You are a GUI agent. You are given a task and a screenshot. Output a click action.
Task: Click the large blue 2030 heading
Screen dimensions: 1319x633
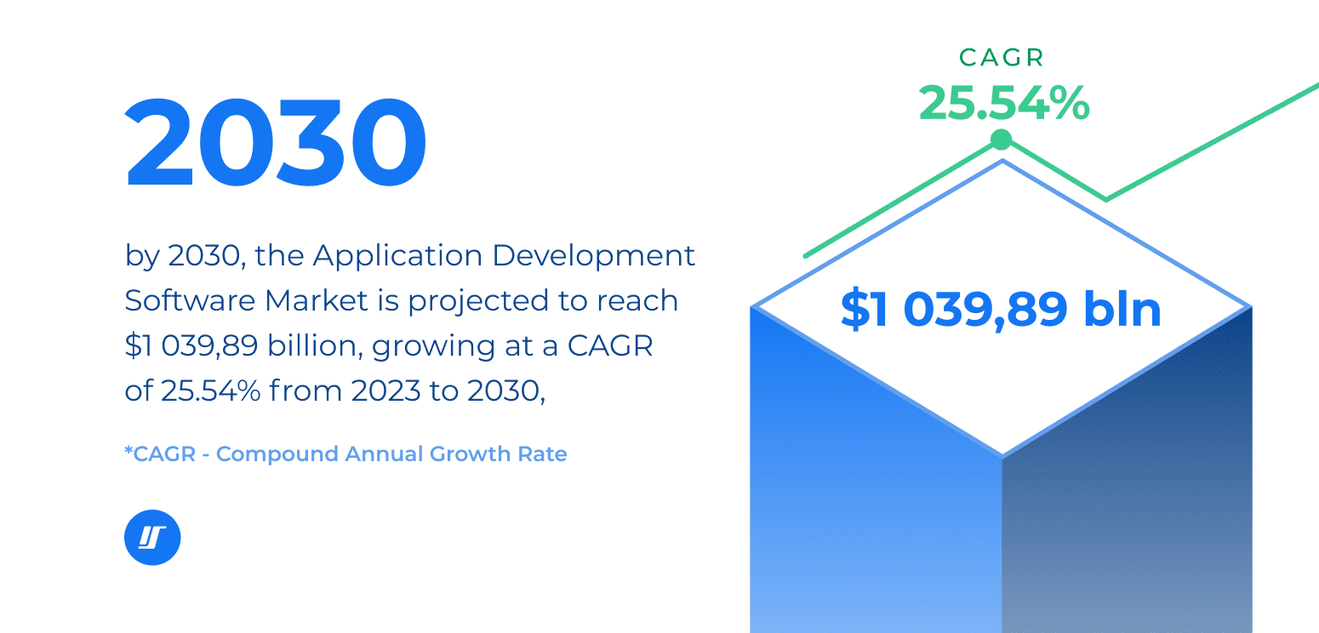pos(276,142)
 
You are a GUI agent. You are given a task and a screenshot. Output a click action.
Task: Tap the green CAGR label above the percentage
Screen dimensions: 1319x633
pos(1002,58)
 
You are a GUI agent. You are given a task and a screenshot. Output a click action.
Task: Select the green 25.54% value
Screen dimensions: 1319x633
pos(1004,103)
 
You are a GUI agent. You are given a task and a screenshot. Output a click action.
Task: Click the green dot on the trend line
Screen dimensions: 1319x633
pos(1001,140)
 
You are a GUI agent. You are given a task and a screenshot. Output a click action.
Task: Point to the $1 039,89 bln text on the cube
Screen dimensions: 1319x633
pos(1001,309)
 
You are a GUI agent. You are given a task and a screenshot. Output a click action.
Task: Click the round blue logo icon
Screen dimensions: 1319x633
pos(152,537)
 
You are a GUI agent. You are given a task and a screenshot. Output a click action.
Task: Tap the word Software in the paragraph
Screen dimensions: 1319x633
pos(190,301)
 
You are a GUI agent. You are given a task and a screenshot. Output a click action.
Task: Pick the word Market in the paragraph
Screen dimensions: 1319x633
pos(317,301)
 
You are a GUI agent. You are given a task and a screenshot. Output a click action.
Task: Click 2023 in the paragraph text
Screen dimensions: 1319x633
pos(385,391)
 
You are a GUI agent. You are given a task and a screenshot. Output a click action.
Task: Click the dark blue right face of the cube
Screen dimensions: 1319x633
pos(1127,483)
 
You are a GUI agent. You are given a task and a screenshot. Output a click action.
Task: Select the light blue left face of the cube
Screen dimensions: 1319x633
pos(876,483)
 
